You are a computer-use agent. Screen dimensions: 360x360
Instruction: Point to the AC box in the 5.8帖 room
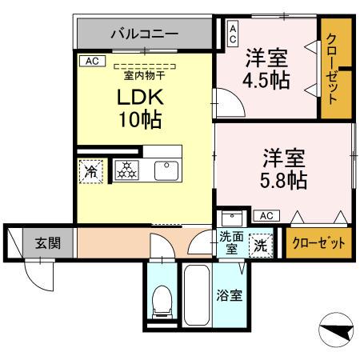click(x=266, y=215)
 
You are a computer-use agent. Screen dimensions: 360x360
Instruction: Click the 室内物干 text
click(x=144, y=76)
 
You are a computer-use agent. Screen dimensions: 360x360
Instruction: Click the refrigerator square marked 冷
click(x=90, y=170)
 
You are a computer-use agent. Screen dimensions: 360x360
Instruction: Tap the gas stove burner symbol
click(x=126, y=170)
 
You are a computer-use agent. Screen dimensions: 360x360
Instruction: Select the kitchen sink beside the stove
click(x=166, y=170)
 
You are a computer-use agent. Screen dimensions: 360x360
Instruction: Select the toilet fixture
click(x=162, y=301)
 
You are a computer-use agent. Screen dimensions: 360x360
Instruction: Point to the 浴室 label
click(x=230, y=295)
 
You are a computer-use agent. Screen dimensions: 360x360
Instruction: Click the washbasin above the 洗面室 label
click(x=231, y=218)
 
